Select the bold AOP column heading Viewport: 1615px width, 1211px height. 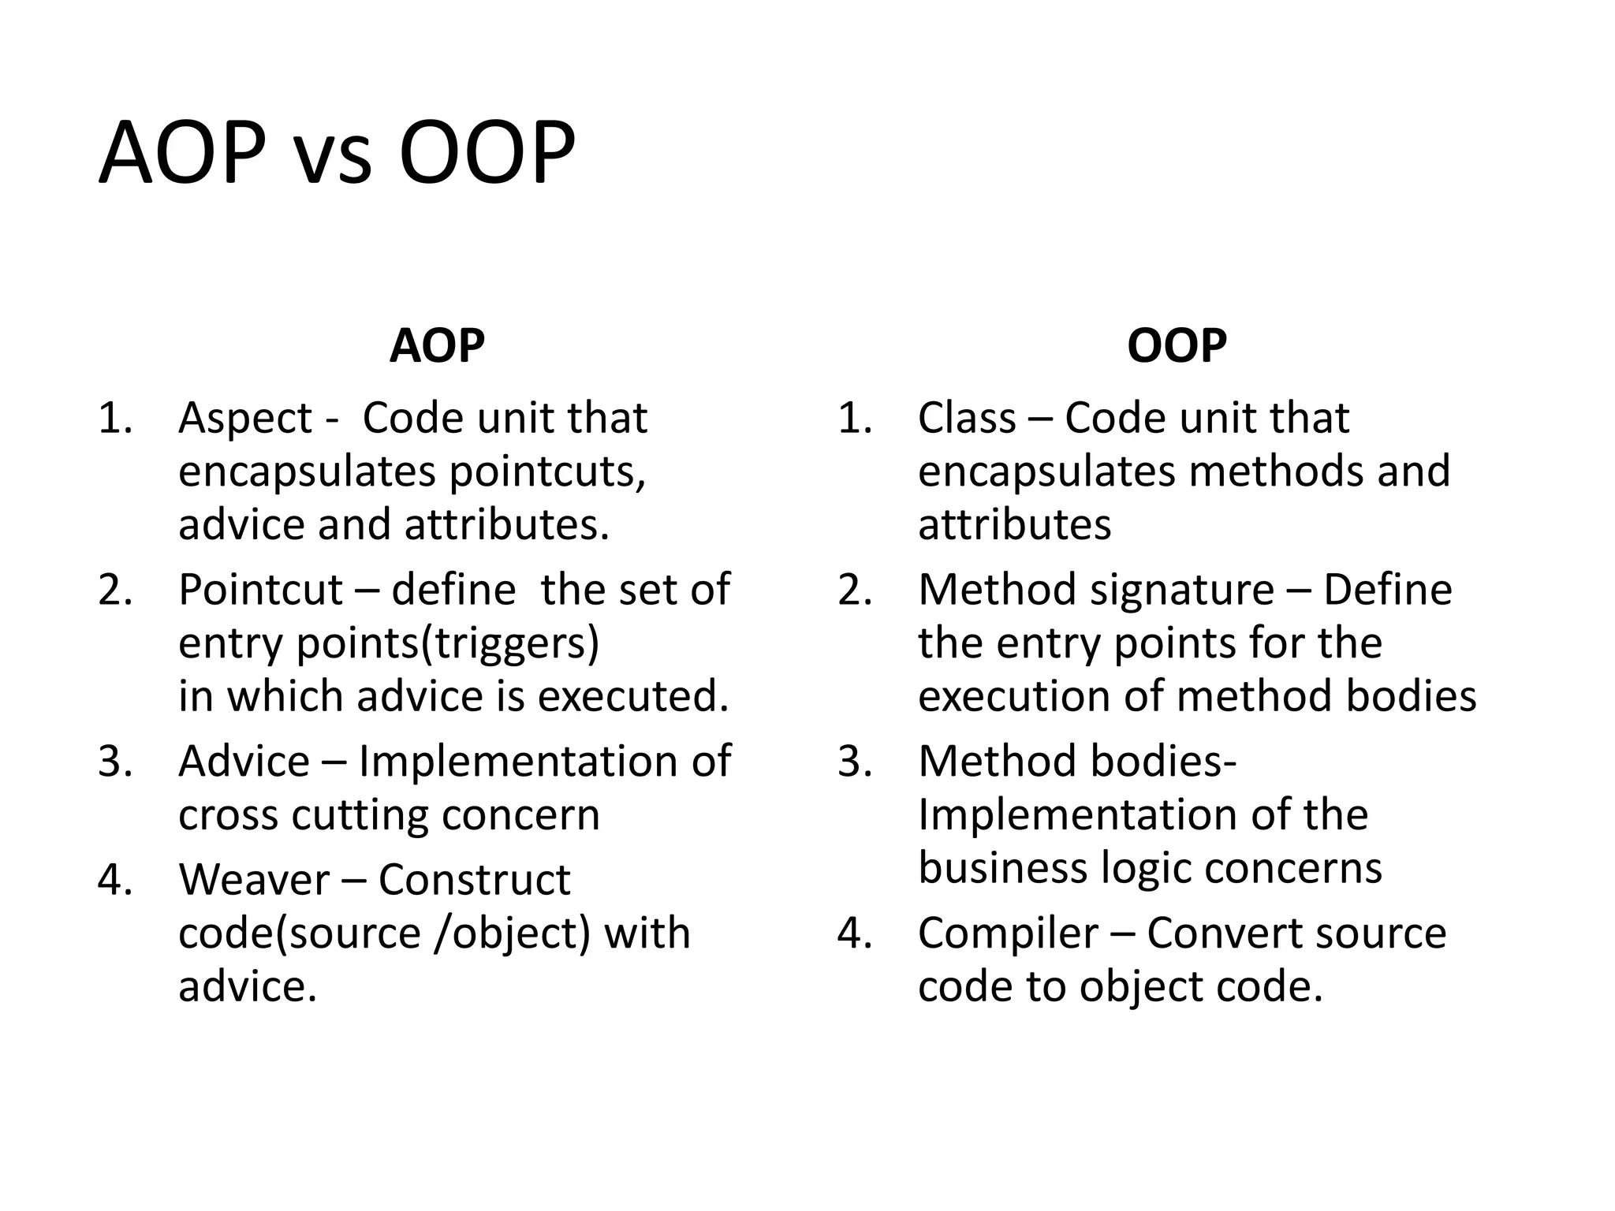[437, 345]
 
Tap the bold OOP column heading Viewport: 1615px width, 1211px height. [1177, 345]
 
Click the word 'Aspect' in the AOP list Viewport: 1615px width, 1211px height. [245, 419]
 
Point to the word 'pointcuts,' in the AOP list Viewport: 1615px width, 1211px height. [547, 472]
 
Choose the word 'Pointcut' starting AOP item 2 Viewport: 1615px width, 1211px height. [260, 590]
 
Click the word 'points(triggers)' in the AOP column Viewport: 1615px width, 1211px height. [447, 643]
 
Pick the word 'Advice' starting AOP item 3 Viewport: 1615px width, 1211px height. [244, 762]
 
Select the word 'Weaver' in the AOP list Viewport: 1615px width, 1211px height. [254, 880]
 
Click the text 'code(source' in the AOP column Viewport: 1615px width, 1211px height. [300, 933]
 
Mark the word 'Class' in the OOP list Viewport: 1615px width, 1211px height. [967, 419]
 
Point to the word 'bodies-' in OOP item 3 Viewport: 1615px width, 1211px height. [1163, 762]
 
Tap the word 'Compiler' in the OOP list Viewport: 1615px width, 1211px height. [1008, 933]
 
